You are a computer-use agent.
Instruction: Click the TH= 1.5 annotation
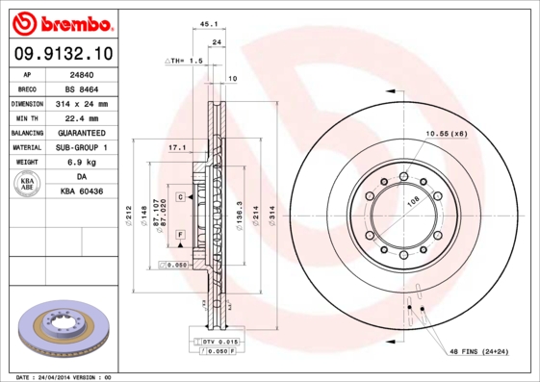click(x=187, y=61)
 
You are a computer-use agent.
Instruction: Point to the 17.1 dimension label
click(x=176, y=148)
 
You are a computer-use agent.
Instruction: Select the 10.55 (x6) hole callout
click(x=447, y=133)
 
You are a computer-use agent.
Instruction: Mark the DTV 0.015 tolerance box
click(x=218, y=342)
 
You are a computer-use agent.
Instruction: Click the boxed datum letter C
click(x=180, y=196)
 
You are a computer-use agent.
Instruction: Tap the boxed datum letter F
click(x=180, y=235)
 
